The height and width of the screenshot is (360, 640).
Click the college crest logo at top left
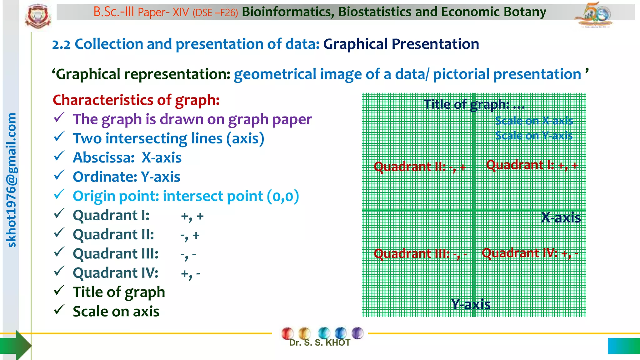pos(38,16)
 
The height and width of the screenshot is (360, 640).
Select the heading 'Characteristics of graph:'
pos(136,100)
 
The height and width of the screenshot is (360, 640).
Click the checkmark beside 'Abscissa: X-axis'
pos(59,156)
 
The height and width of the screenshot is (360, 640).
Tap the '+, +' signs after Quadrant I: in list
pos(192,216)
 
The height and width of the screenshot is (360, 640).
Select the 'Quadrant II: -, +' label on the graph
pos(420,167)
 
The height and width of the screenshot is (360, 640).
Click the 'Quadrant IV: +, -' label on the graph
pos(530,253)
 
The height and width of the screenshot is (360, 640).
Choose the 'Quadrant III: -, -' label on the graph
pos(420,253)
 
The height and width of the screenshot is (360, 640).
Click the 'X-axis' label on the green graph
pos(561,217)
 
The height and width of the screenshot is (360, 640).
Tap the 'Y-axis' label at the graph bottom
pos(471,304)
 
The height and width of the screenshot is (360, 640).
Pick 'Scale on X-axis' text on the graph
pos(534,121)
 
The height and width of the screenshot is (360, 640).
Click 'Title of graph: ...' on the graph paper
pos(474,104)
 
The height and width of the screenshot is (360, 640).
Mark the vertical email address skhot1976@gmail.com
pos(11,180)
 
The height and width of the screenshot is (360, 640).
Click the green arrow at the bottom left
pos(17,345)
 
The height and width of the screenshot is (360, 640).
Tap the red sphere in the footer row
pos(287,333)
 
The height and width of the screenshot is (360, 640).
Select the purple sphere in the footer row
pos(357,333)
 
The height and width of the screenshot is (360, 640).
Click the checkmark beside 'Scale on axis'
pos(59,310)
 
